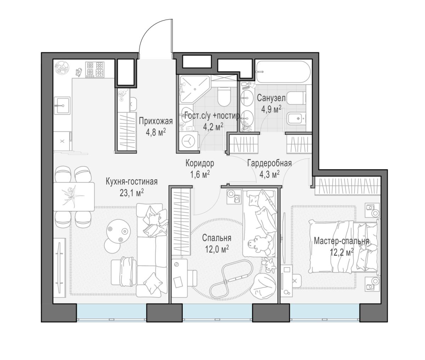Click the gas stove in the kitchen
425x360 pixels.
pos(95,69)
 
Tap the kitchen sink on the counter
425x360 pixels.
pos(62,106)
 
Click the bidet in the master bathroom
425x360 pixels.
pos(296,119)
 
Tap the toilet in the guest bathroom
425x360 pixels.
pos(224,96)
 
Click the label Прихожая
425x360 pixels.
pos(155,121)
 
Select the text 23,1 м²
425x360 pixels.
pos(132,193)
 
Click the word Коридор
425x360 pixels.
pos(200,163)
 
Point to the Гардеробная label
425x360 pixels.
pos(270,163)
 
